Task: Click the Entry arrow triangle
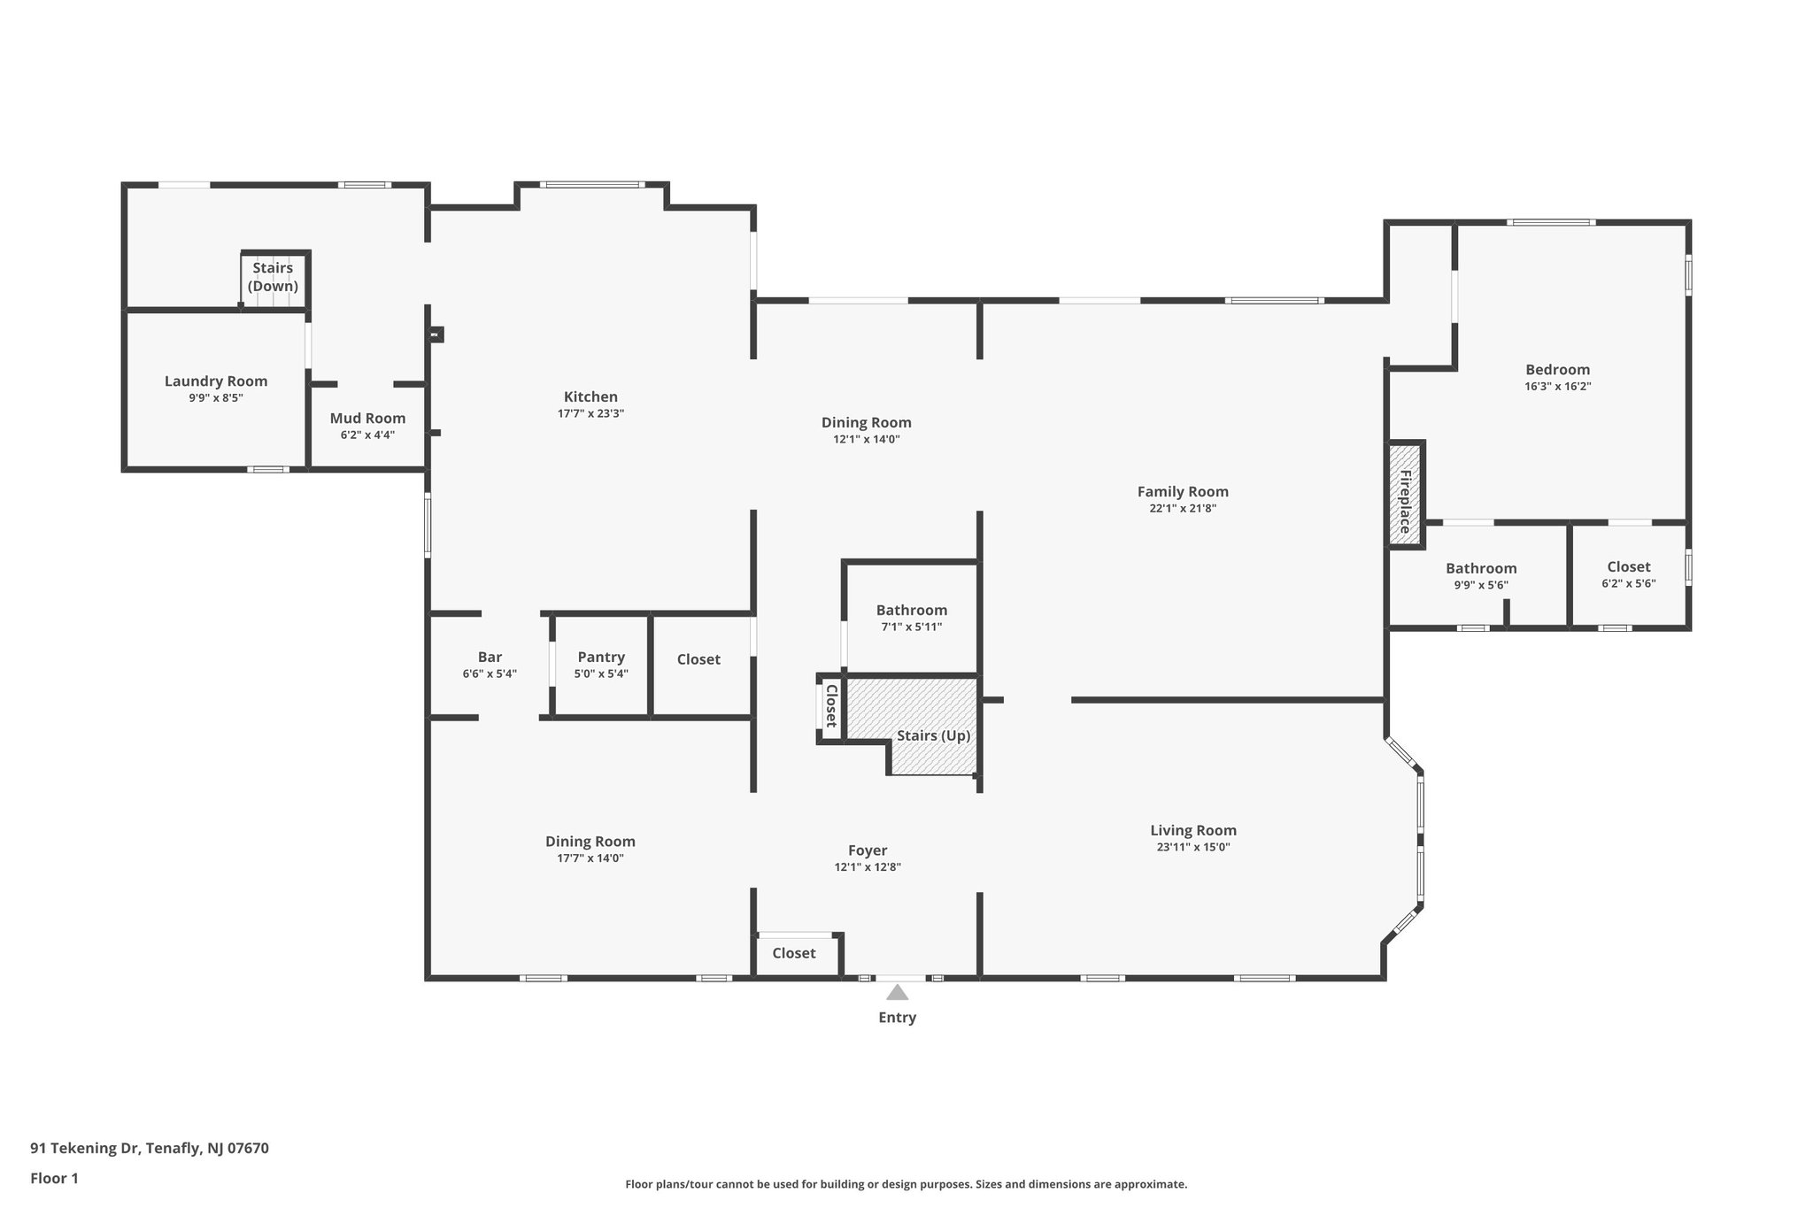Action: click(897, 992)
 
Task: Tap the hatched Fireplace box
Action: click(1404, 495)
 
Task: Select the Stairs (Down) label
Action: click(273, 276)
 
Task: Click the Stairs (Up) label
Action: click(933, 735)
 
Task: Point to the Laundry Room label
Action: click(216, 381)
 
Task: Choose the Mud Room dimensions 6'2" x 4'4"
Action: click(367, 435)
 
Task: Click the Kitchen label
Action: click(590, 396)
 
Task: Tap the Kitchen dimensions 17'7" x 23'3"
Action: click(590, 413)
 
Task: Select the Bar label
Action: click(490, 657)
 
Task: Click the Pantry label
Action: click(601, 657)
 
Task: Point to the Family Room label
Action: click(1183, 491)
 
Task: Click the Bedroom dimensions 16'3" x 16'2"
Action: click(1557, 386)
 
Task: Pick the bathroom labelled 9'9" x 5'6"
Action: click(1481, 575)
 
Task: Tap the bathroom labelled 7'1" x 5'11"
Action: click(911, 617)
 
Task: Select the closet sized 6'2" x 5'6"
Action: click(1628, 573)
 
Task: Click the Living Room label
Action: click(1192, 830)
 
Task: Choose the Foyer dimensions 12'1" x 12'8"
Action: click(868, 867)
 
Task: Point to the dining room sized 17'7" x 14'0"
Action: click(590, 849)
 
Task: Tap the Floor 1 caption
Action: click(54, 1178)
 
